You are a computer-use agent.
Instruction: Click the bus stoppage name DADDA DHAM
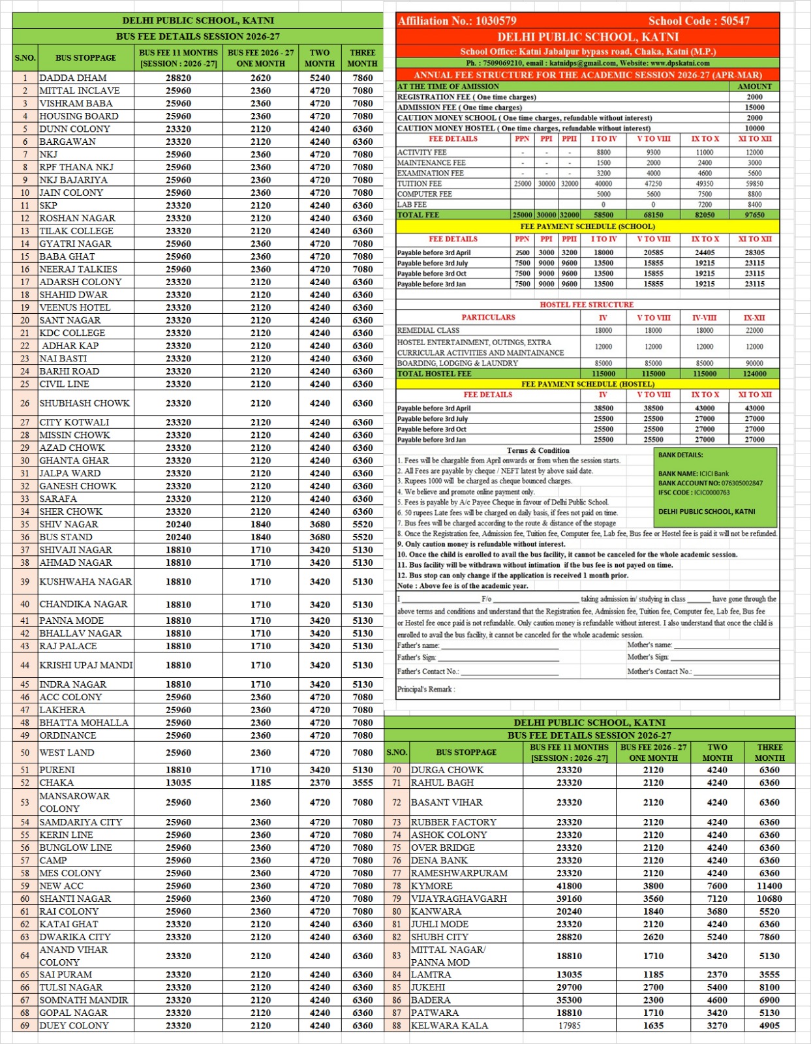pyautogui.click(x=73, y=78)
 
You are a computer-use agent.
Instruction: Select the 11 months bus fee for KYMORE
pyautogui.click(x=569, y=886)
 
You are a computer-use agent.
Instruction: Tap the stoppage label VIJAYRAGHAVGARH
pyautogui.click(x=459, y=898)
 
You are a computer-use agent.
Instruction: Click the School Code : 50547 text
pyautogui.click(x=698, y=21)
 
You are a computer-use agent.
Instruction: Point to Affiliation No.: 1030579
pyautogui.click(x=457, y=21)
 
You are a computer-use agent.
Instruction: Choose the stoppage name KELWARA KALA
pyautogui.click(x=450, y=1026)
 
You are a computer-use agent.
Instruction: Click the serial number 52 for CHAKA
pyautogui.click(x=25, y=782)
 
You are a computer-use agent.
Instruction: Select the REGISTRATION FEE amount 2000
pyautogui.click(x=754, y=97)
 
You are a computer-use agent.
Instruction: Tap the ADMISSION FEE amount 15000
pyautogui.click(x=754, y=107)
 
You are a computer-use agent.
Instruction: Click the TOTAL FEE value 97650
pyautogui.click(x=754, y=215)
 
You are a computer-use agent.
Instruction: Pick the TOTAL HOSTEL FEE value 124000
pyautogui.click(x=754, y=374)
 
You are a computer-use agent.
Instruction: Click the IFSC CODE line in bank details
pyautogui.click(x=694, y=493)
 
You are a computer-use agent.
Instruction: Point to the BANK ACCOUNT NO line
pyautogui.click(x=710, y=484)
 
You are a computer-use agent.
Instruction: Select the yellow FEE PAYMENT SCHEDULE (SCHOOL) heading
pyautogui.click(x=587, y=226)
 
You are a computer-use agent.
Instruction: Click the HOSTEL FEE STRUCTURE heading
pyautogui.click(x=587, y=305)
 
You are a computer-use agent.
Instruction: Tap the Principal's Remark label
pyautogui.click(x=426, y=689)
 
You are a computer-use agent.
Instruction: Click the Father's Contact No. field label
pyautogui.click(x=428, y=671)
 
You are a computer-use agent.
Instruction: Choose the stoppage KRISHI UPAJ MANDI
pyautogui.click(x=86, y=666)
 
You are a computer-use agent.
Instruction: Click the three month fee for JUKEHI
pyautogui.click(x=769, y=988)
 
